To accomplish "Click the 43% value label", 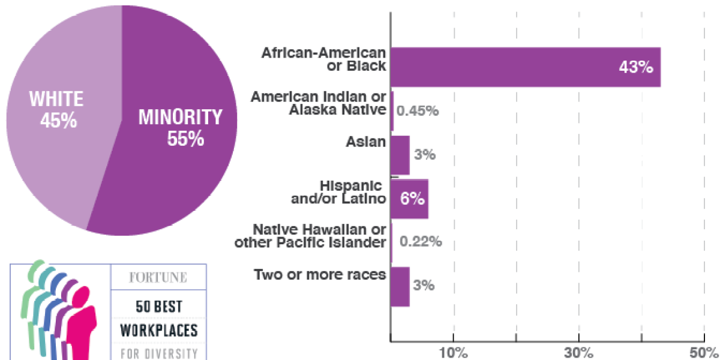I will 635,67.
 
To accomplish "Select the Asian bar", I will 400,155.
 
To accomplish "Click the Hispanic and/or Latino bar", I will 409,199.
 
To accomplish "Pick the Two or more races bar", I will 400,286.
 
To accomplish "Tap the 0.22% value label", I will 421,242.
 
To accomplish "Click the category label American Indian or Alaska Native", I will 318,103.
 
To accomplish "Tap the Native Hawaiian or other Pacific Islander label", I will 310,236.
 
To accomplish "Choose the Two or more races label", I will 319,275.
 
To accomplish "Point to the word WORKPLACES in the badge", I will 158,330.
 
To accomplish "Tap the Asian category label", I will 365,142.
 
